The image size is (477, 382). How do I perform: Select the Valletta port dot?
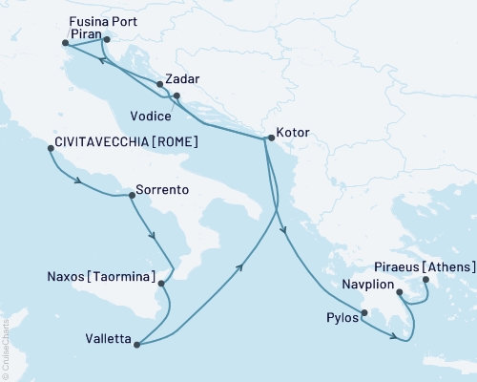(137, 345)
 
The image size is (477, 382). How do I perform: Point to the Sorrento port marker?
(131, 196)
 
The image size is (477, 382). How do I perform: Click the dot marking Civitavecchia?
(50, 148)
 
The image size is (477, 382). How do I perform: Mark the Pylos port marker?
(363, 311)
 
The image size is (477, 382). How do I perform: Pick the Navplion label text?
(367, 284)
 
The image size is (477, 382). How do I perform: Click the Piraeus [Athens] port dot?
(425, 280)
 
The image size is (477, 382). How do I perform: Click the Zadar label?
(181, 80)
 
